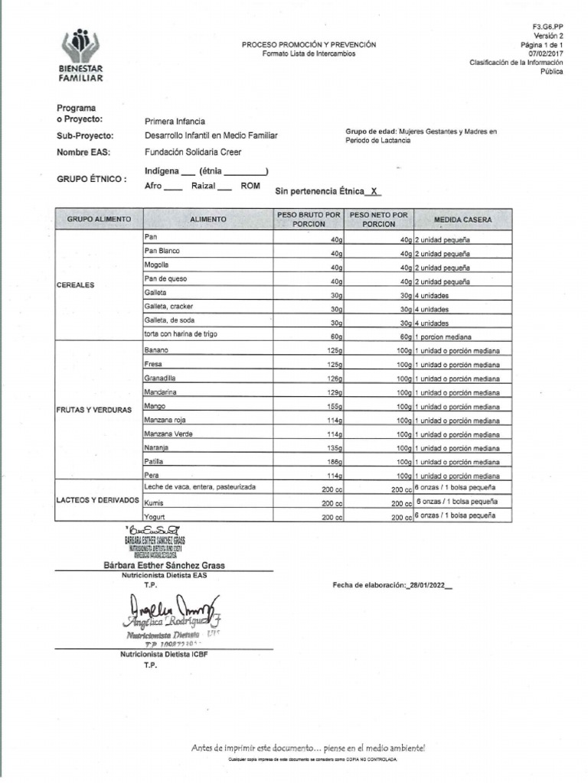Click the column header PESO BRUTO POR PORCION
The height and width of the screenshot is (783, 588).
309,219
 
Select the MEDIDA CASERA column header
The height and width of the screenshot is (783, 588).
462,219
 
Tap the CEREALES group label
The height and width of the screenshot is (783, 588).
75,285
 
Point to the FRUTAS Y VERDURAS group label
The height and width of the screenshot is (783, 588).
93,411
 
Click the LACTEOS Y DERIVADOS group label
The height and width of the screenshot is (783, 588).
96,500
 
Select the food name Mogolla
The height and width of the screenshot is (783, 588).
156,265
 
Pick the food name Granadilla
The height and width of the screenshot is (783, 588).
160,379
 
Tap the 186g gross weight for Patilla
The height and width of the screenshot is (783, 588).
332,463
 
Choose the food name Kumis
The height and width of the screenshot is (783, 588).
154,503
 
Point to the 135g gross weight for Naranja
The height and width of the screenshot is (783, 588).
332,449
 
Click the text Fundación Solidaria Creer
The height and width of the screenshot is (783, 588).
193,152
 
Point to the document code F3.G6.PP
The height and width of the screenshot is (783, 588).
547,26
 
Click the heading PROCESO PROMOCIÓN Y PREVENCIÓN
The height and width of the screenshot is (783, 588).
309,45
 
